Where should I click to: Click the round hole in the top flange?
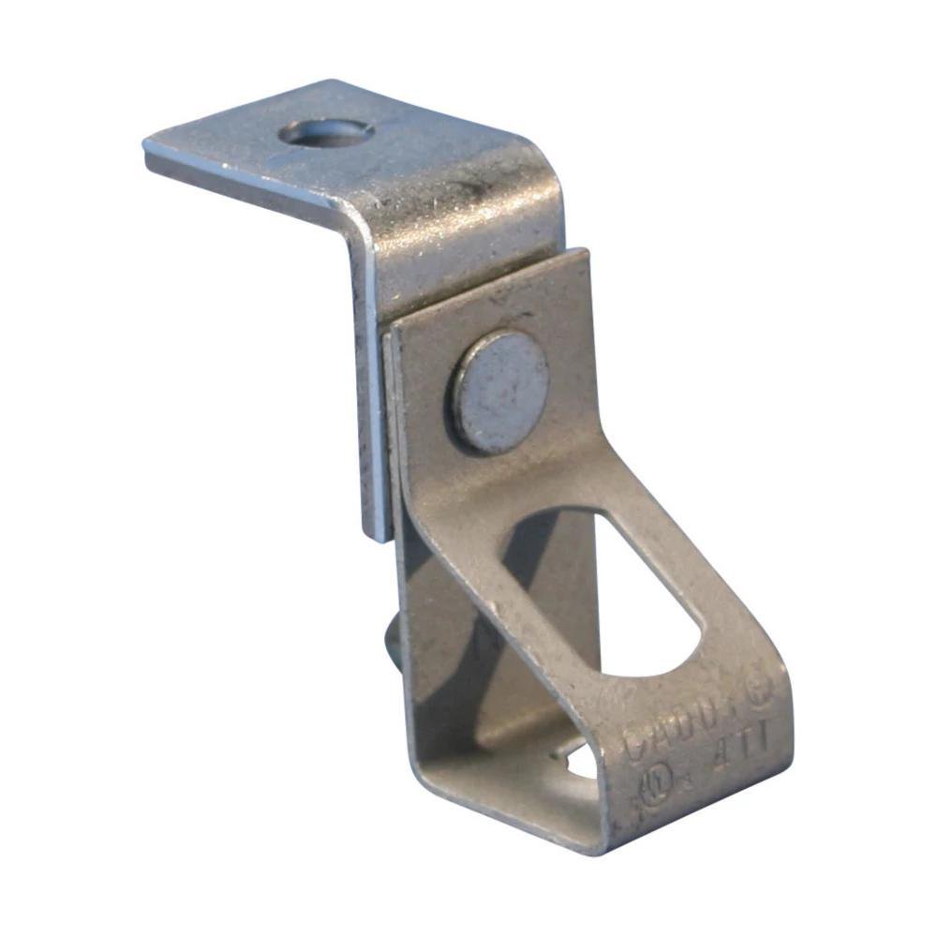point(326,132)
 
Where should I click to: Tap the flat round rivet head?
point(500,392)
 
